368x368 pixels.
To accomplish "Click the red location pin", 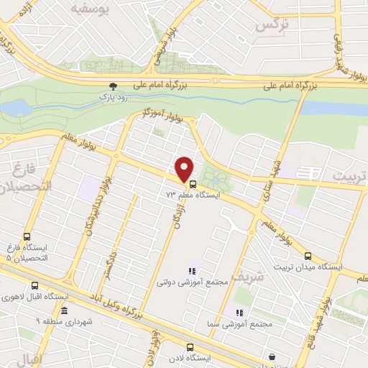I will [185, 169].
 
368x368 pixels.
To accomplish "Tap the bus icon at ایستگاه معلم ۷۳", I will [191, 194].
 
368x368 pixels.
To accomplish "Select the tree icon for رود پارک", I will [112, 85].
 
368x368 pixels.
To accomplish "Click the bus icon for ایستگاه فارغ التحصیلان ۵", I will [27, 236].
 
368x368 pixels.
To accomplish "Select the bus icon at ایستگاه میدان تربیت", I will [308, 256].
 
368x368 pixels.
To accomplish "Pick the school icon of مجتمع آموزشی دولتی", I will [192, 271].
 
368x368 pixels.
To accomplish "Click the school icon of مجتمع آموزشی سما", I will [240, 313].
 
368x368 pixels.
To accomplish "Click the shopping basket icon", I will [272, 356].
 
